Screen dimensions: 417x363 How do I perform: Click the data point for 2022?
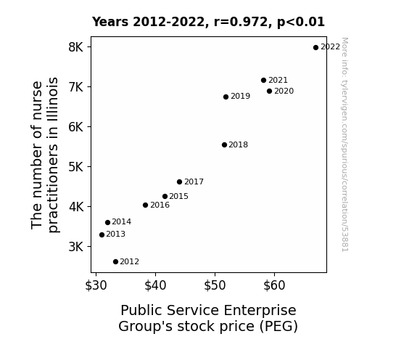(315, 48)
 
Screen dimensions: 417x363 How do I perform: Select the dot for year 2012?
(115, 262)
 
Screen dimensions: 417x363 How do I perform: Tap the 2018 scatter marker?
(224, 145)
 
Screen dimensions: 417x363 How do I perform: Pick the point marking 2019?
(226, 97)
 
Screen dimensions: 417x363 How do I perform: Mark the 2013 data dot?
(102, 235)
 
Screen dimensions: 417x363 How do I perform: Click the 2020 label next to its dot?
(284, 91)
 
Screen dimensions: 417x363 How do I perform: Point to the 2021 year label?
(278, 80)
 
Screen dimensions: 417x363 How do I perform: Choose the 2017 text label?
(194, 182)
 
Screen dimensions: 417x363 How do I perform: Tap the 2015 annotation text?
(178, 196)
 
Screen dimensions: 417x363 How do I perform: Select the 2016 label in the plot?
(160, 205)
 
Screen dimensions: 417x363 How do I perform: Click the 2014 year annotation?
(122, 222)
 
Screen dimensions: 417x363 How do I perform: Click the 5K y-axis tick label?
(76, 167)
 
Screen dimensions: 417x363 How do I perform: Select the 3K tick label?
(76, 247)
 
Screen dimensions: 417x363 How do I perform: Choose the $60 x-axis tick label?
(274, 285)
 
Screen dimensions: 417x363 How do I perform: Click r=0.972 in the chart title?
(241, 22)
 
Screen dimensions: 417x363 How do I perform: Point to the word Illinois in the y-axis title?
(53, 99)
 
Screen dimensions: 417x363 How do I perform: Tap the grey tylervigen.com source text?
(344, 144)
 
